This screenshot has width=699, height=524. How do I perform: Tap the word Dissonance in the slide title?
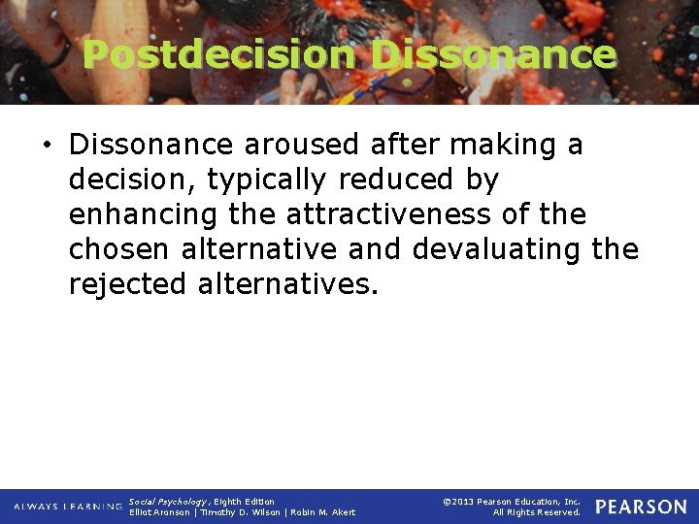tap(493, 54)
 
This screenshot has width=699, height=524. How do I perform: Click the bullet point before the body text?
tap(48, 146)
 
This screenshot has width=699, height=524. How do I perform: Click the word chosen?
tap(119, 249)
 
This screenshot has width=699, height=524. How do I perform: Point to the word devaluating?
tap(497, 249)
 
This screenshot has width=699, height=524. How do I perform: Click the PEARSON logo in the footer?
tap(641, 507)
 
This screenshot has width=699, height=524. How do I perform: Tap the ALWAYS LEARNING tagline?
tap(68, 507)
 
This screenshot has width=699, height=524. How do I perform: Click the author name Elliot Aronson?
tap(159, 512)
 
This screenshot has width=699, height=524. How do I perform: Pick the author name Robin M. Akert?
tap(319, 512)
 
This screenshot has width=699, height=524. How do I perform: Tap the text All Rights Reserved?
tap(537, 512)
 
